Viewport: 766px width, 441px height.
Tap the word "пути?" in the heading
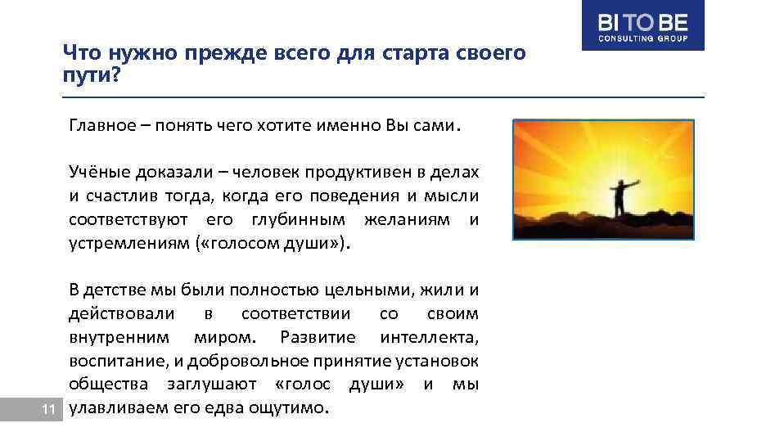point(92,76)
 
